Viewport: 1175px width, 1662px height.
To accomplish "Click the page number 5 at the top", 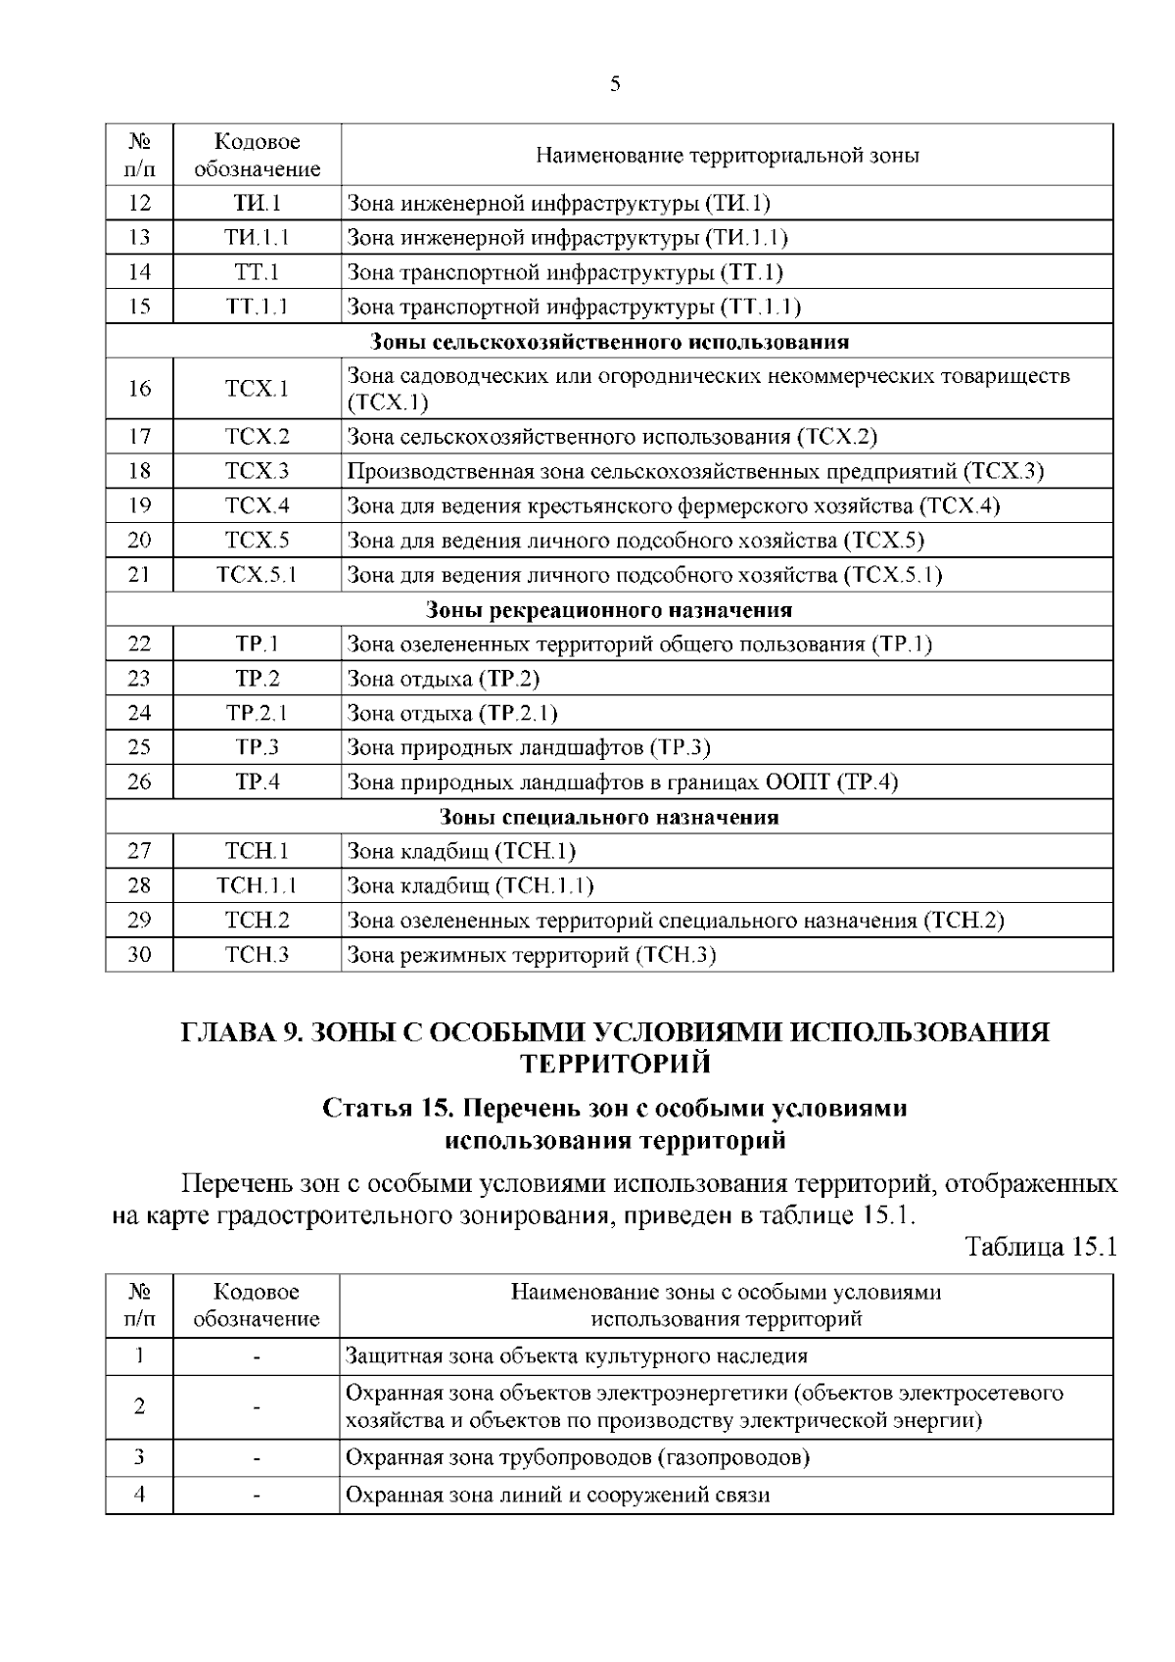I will point(614,84).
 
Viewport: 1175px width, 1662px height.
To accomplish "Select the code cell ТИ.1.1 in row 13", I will point(257,237).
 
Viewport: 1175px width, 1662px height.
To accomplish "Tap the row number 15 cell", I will point(139,307).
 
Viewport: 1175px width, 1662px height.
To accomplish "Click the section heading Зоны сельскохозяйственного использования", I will point(609,342).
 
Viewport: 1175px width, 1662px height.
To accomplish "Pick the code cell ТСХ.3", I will point(257,471).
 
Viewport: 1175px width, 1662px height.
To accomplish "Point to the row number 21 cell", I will point(139,575).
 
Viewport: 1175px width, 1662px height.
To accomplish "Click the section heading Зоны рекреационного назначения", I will point(609,610).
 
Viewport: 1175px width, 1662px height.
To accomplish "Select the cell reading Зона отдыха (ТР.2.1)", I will point(452,713).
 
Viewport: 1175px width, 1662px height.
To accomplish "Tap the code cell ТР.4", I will point(257,782).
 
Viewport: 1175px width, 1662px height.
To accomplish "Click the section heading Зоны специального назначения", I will point(609,817).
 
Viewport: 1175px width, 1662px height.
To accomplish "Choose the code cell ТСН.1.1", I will point(257,886).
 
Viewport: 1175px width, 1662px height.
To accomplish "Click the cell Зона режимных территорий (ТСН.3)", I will point(532,955).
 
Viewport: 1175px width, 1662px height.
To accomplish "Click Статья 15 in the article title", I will point(386,1109).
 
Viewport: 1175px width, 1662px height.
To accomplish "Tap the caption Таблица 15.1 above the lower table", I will point(1040,1248).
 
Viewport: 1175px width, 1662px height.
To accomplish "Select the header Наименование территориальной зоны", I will point(727,156).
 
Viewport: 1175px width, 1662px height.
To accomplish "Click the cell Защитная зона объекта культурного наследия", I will point(578,1356).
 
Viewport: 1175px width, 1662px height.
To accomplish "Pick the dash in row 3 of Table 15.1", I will point(257,1458).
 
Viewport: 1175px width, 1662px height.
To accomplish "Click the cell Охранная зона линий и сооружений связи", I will point(558,1496).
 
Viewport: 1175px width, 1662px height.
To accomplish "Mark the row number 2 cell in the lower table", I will point(139,1407).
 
